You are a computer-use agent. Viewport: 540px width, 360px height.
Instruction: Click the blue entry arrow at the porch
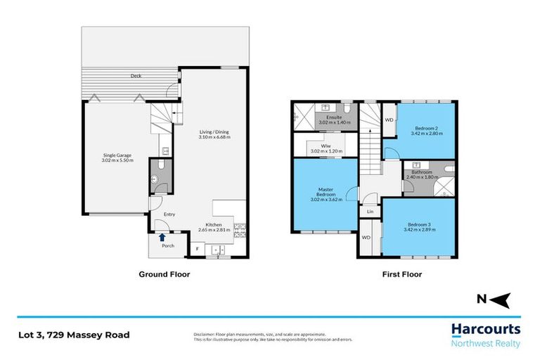[x=162, y=238]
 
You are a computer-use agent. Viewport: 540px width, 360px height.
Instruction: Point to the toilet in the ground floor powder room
[x=156, y=179]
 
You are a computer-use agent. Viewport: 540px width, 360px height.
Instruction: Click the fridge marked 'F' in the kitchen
[x=197, y=249]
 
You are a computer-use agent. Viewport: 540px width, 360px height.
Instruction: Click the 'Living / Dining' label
[x=214, y=131]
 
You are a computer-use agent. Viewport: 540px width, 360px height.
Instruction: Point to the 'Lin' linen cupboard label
[x=370, y=211]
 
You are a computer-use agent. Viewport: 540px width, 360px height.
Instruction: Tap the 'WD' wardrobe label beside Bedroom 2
[x=389, y=120]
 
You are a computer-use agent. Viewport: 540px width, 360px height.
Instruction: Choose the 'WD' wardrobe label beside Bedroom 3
[x=366, y=238]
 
